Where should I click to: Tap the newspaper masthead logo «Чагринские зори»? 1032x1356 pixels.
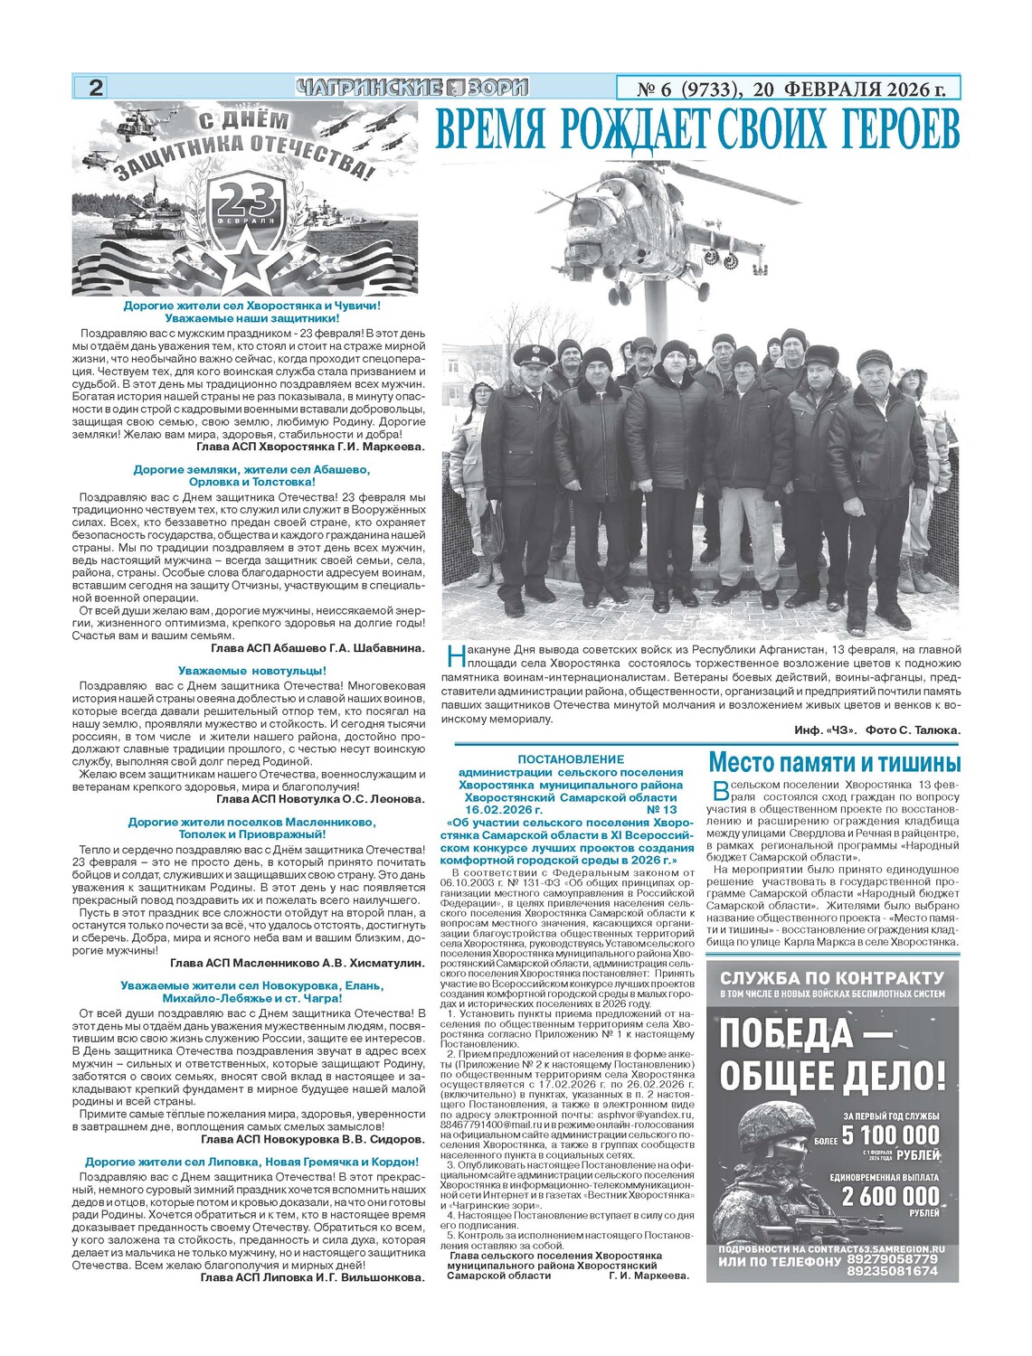point(412,88)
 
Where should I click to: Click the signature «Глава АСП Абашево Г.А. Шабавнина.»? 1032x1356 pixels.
point(317,648)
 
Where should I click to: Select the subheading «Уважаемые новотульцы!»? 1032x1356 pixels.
point(251,671)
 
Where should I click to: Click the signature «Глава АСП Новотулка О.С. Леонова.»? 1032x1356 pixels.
point(320,799)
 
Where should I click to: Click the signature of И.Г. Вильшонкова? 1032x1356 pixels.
point(312,1278)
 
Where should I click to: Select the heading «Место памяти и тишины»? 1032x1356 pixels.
point(834,761)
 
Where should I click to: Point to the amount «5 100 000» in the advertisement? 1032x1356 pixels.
point(890,1135)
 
